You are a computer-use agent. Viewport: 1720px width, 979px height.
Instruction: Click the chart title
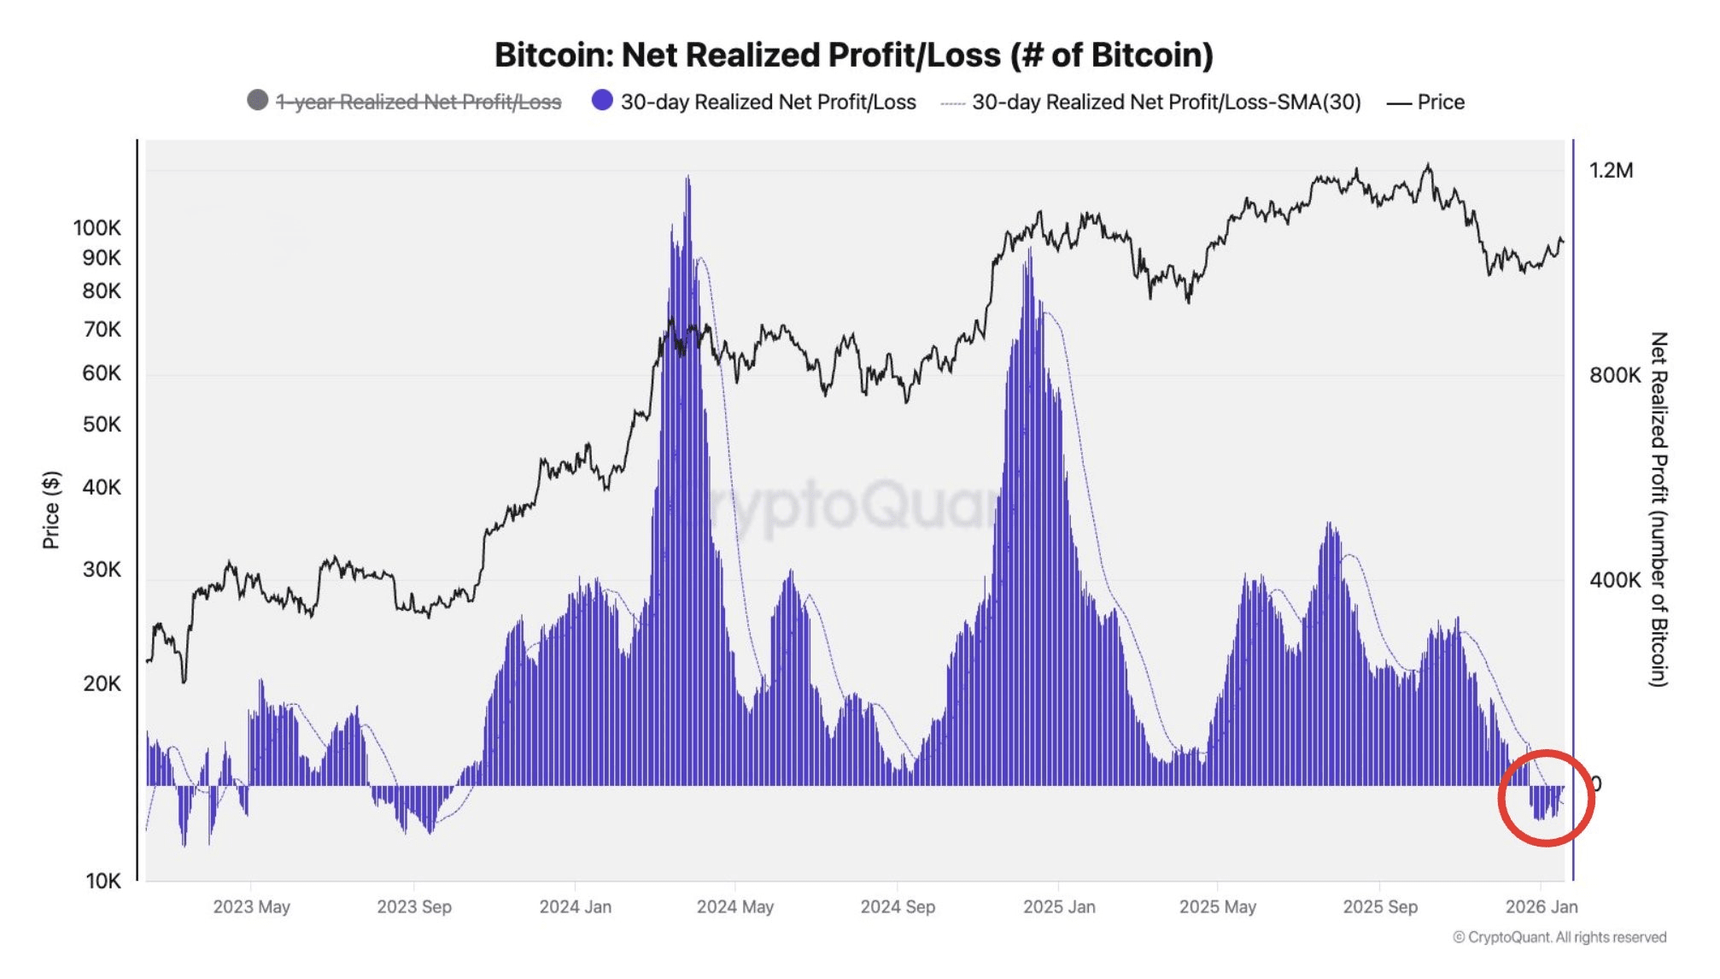pyautogui.click(x=853, y=56)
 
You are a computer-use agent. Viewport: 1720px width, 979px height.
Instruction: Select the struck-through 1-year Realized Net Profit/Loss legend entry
pyautogui.click(x=418, y=103)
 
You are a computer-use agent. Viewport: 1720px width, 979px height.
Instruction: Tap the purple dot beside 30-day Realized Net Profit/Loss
pyautogui.click(x=602, y=101)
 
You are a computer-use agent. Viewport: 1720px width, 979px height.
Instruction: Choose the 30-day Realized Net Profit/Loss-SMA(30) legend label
pyautogui.click(x=1166, y=103)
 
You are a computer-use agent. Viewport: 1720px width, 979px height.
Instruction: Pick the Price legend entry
pyautogui.click(x=1440, y=103)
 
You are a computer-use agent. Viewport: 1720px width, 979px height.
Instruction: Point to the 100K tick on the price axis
pyautogui.click(x=97, y=228)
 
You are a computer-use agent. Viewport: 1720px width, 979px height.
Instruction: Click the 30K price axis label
pyautogui.click(x=102, y=570)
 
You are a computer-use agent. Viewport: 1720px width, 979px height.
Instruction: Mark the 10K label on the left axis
pyautogui.click(x=102, y=881)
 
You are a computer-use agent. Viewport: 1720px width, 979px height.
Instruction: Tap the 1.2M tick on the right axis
pyautogui.click(x=1611, y=171)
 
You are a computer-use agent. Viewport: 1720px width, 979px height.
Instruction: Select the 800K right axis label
pyautogui.click(x=1614, y=376)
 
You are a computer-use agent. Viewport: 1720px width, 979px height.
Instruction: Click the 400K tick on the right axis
pyautogui.click(x=1614, y=581)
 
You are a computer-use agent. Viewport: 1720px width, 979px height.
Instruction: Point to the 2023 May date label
pyautogui.click(x=251, y=907)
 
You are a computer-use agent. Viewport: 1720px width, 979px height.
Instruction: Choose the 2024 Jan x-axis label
pyautogui.click(x=575, y=907)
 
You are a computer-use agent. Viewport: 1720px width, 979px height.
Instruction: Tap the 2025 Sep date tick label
pyautogui.click(x=1379, y=907)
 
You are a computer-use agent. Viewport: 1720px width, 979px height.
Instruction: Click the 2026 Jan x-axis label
pyautogui.click(x=1541, y=907)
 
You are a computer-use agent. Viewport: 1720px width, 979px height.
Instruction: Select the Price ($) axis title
pyautogui.click(x=51, y=510)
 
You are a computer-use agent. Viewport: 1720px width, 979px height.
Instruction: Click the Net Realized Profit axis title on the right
pyautogui.click(x=1658, y=509)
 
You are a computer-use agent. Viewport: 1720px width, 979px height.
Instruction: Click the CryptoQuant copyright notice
pyautogui.click(x=1559, y=938)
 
